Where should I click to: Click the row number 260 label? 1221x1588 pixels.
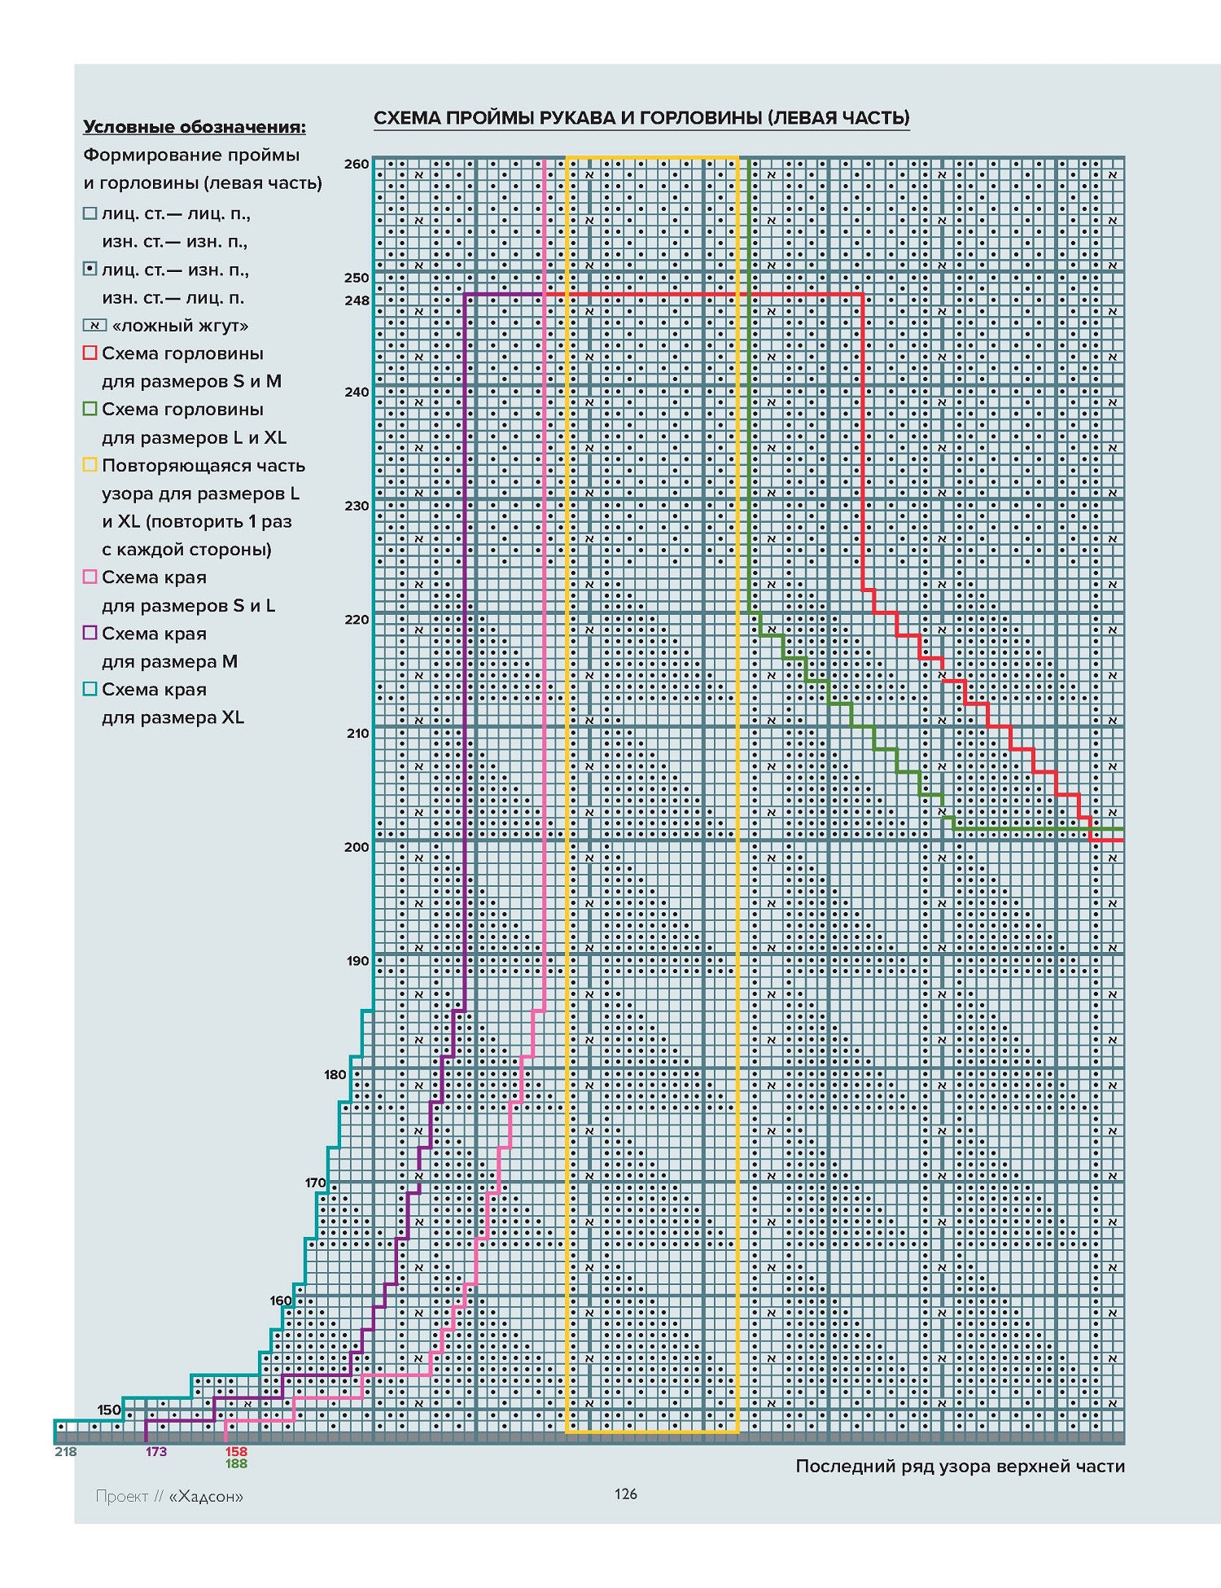pyautogui.click(x=357, y=164)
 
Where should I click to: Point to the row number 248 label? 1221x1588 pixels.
pyautogui.click(x=357, y=300)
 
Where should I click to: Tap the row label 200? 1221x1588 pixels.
pyautogui.click(x=357, y=847)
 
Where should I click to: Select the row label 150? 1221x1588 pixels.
pyautogui.click(x=109, y=1410)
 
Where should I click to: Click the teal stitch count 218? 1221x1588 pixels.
pyautogui.click(x=66, y=1451)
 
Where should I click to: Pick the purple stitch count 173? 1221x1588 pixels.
pyautogui.click(x=156, y=1451)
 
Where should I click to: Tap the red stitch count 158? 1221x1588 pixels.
pyautogui.click(x=236, y=1451)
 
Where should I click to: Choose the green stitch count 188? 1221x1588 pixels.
pyautogui.click(x=236, y=1463)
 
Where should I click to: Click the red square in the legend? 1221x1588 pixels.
pyautogui.click(x=90, y=353)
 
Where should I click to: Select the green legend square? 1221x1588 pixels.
pyautogui.click(x=90, y=409)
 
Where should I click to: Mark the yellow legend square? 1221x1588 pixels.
pyautogui.click(x=90, y=465)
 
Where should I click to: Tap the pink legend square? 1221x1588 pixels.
pyautogui.click(x=90, y=577)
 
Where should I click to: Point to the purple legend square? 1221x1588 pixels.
pyautogui.click(x=90, y=633)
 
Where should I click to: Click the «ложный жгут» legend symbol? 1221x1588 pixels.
pyautogui.click(x=94, y=326)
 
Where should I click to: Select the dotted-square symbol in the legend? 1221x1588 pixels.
pyautogui.click(x=90, y=270)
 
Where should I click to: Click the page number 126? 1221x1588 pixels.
pyautogui.click(x=626, y=1494)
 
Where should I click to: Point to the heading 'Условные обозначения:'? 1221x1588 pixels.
pyautogui.click(x=195, y=127)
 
